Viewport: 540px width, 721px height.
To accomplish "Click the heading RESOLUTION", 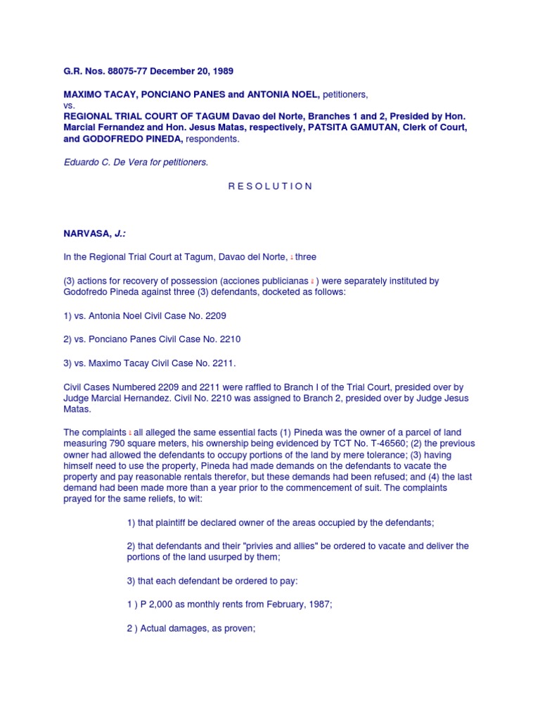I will click(271, 186).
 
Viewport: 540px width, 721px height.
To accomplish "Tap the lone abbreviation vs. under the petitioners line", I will click(69, 105).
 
